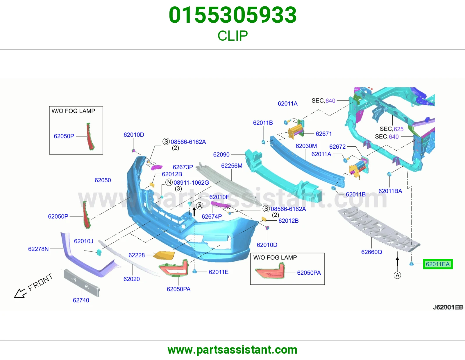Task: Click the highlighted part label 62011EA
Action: coord(438,264)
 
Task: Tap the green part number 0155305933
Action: coord(233,15)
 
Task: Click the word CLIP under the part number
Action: coord(233,36)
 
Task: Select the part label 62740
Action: coord(81,300)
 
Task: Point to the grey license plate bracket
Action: coord(82,282)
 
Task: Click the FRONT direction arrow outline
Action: coord(21,293)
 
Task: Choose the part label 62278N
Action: coord(39,249)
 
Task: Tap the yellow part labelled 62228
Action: coord(164,255)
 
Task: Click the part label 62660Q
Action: coord(371,252)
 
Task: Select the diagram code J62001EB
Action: coord(448,307)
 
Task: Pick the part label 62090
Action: coord(221,154)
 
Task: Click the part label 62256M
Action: coord(232,166)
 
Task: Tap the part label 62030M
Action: coord(306,146)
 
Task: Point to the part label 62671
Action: coord(324,134)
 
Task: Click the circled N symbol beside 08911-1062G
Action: coord(169,182)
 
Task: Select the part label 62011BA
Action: coord(390,191)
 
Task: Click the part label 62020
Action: coord(132,279)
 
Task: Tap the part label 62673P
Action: coord(183,167)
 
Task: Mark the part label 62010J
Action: coord(84,241)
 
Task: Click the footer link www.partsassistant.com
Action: coord(233,350)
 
